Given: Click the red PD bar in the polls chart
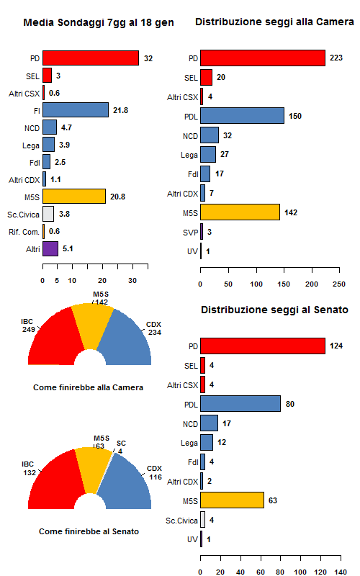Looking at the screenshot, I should [91, 58].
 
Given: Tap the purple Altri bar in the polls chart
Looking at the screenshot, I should [50, 249].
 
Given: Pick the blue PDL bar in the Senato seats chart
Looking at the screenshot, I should [240, 404].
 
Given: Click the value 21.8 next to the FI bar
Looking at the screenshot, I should [120, 110].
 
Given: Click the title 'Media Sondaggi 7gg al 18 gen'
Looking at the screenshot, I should [98, 23].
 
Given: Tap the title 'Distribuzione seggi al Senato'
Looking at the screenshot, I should [274, 310].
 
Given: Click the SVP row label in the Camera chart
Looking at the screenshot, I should [190, 232].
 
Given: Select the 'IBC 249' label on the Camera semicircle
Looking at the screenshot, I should [28, 325].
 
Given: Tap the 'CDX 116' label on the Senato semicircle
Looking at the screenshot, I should [154, 473].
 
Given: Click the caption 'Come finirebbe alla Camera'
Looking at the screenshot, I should [88, 387].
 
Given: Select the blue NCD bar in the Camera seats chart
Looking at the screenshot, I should [210, 135].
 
